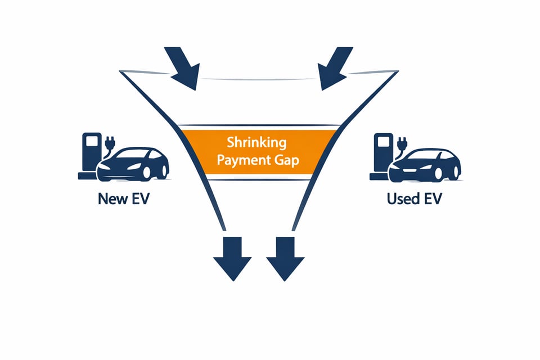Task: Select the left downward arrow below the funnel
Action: tap(231, 259)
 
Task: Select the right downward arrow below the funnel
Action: tap(285, 259)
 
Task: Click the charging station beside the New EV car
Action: tap(90, 155)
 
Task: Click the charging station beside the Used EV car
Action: tap(383, 155)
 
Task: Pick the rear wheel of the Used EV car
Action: tap(449, 172)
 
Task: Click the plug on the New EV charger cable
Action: tap(110, 140)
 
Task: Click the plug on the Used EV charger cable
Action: tap(402, 140)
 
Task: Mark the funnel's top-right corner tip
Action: tap(398, 71)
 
